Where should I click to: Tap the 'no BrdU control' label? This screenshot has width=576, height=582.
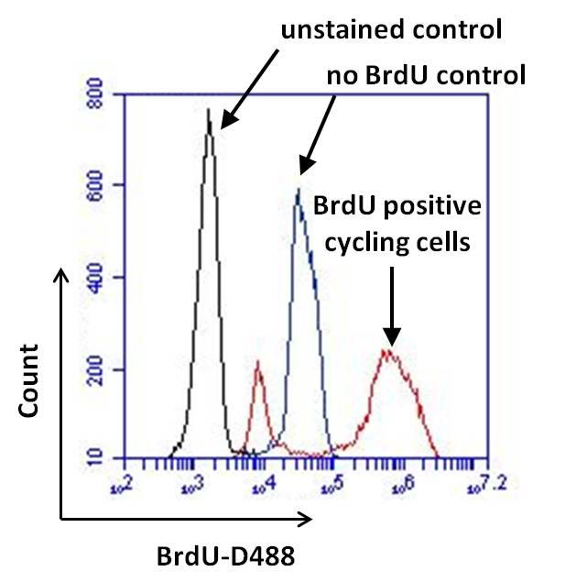pyautogui.click(x=426, y=73)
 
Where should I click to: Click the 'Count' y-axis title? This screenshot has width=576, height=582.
pyautogui.click(x=30, y=380)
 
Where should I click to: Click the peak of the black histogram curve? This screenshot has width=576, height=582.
pyautogui.click(x=209, y=111)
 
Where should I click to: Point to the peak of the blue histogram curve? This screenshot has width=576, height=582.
pyautogui.click(x=298, y=191)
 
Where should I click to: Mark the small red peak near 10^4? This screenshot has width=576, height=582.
pyautogui.click(x=258, y=363)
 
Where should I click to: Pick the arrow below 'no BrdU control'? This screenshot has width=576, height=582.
pyautogui.click(x=313, y=137)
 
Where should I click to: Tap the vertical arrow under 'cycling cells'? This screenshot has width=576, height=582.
pyautogui.click(x=392, y=307)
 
